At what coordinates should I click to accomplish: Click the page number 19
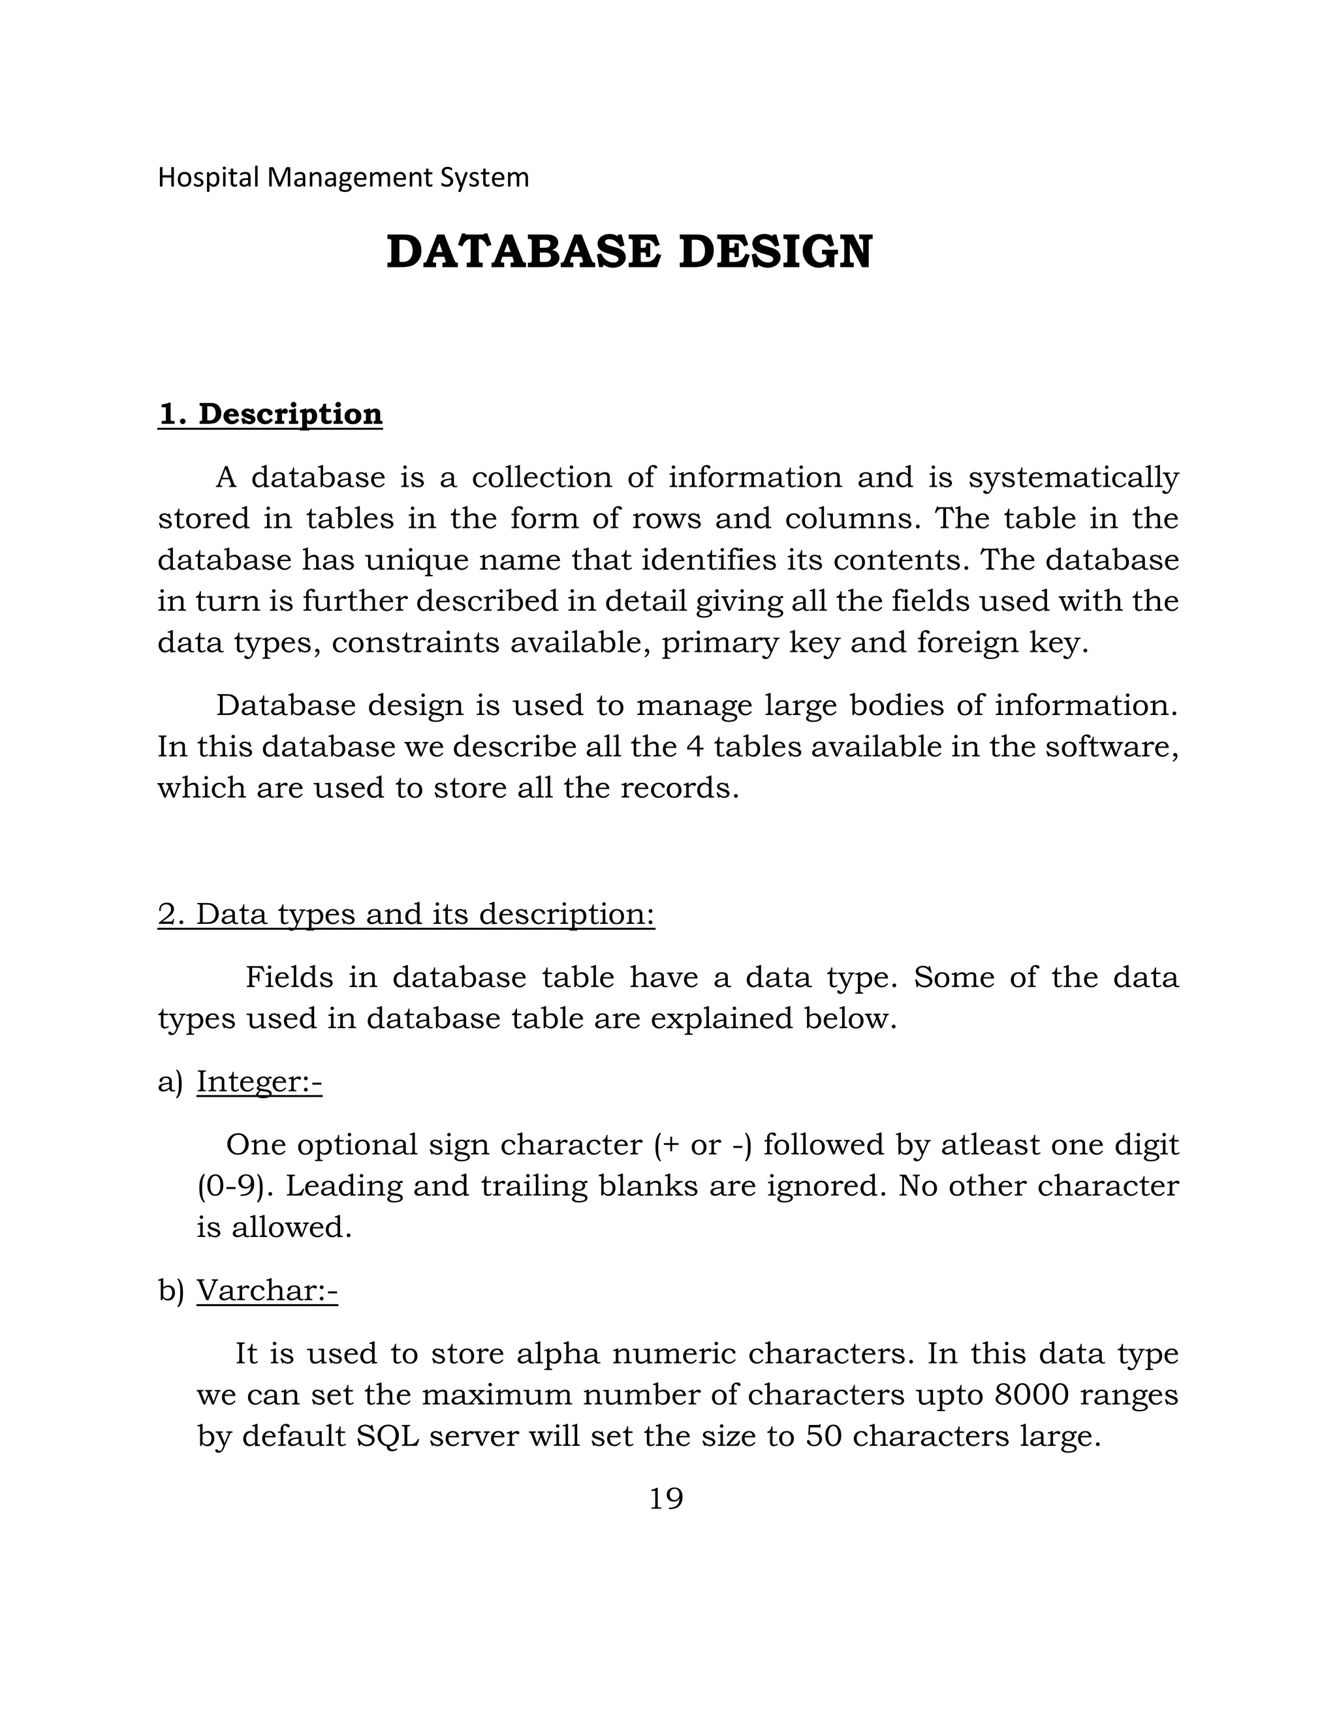click(665, 1499)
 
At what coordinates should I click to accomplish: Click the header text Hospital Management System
click(343, 177)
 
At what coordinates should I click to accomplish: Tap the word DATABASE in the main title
click(523, 252)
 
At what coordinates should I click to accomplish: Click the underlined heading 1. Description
click(270, 414)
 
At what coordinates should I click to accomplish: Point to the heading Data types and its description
click(406, 914)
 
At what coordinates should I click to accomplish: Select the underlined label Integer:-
click(259, 1081)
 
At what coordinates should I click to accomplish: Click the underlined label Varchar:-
click(267, 1291)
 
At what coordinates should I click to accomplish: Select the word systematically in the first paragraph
click(1073, 478)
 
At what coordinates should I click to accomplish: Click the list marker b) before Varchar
click(170, 1291)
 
